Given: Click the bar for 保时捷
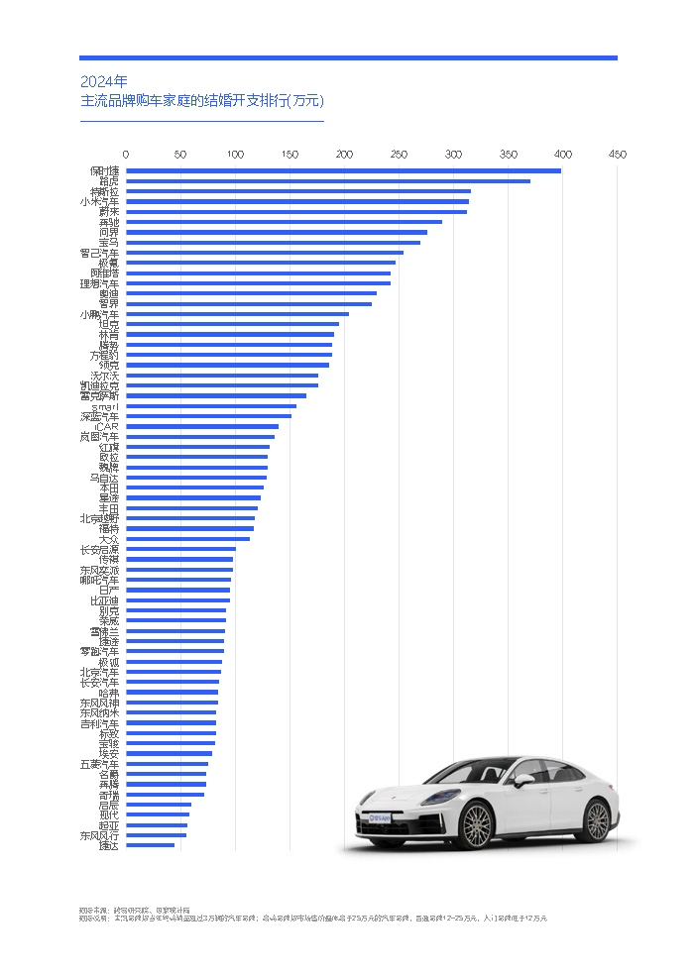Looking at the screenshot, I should tap(343, 170).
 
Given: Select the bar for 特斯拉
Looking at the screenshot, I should tap(297, 191).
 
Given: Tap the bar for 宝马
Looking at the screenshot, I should tap(273, 242).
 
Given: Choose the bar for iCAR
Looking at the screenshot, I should tap(201, 426).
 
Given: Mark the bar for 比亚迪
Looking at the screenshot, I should tap(177, 600).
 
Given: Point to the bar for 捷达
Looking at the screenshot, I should tap(150, 845).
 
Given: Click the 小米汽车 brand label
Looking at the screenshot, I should tap(100, 201).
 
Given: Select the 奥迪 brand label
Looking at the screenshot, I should tap(108, 293).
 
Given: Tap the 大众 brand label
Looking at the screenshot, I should tap(108, 539).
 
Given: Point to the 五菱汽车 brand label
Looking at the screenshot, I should tap(100, 764).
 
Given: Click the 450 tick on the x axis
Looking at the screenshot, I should tap(618, 155).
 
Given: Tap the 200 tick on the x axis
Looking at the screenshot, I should tap(344, 155).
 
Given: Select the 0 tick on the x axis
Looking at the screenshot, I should tap(126, 155).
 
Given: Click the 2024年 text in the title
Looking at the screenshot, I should tap(103, 81).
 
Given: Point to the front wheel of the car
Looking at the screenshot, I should tap(477, 825).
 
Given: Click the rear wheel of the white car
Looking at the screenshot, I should tap(597, 820).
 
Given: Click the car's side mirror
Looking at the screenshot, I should tap(522, 780).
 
